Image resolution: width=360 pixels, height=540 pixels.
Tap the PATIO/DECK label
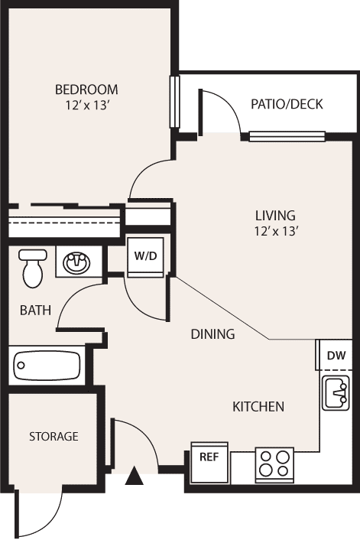click(x=287, y=104)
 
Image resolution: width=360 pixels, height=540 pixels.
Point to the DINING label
click(x=212, y=334)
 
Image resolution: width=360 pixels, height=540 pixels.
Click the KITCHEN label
click(x=258, y=407)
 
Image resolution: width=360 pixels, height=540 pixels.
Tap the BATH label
click(x=35, y=311)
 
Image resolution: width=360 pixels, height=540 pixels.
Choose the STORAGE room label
click(x=54, y=437)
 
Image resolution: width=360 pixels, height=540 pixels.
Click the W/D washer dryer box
click(x=145, y=256)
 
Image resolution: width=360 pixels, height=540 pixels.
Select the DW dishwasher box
click(x=336, y=355)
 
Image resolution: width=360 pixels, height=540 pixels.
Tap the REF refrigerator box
click(x=209, y=457)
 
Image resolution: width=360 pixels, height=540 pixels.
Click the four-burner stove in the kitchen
click(x=274, y=463)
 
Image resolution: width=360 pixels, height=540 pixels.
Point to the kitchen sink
click(x=336, y=395)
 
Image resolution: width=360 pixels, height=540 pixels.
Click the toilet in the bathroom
click(x=32, y=268)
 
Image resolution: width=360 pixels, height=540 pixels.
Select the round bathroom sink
click(x=76, y=264)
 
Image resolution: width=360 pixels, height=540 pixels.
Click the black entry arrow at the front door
click(x=135, y=478)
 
